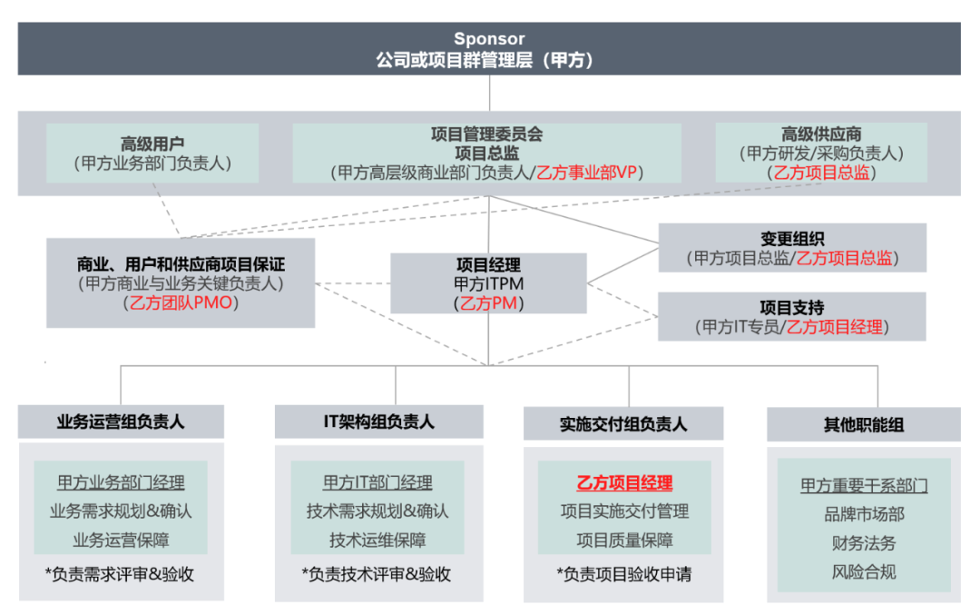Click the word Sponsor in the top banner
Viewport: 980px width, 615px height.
pyautogui.click(x=489, y=39)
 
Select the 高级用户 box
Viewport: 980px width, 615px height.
pyautogui.click(x=152, y=154)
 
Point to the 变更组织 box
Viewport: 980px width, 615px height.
pyautogui.click(x=792, y=247)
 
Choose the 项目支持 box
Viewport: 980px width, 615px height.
pyautogui.click(x=792, y=316)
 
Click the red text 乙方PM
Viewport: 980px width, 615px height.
pyautogui.click(x=489, y=303)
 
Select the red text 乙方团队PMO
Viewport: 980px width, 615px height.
pyautogui.click(x=181, y=303)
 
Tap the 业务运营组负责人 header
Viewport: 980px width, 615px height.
pyautogui.click(x=121, y=422)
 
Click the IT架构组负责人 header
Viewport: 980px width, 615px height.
pyautogui.click(x=378, y=422)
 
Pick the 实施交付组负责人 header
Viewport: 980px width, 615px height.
pyautogui.click(x=623, y=424)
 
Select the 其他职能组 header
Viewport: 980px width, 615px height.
pyautogui.click(x=863, y=424)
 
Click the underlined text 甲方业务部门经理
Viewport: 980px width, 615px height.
pyautogui.click(x=121, y=482)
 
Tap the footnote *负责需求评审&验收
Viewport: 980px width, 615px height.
pyautogui.click(x=121, y=574)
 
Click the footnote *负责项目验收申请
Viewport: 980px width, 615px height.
pyautogui.click(x=624, y=574)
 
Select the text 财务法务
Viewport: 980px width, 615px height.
pyautogui.click(x=863, y=543)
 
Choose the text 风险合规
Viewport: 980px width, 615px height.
pyautogui.click(x=863, y=572)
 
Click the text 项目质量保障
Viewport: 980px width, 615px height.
pyautogui.click(x=624, y=541)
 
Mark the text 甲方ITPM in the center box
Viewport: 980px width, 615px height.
pyautogui.click(x=489, y=284)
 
